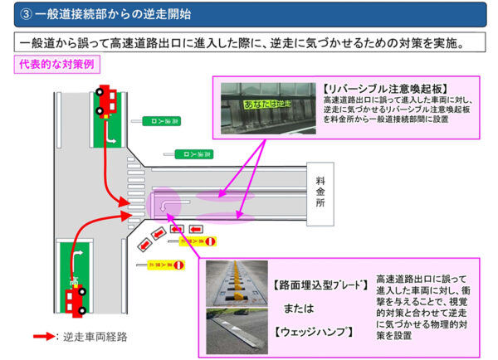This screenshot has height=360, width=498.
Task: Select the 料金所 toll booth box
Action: pyautogui.click(x=321, y=191)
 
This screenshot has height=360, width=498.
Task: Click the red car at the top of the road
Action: pyautogui.click(x=106, y=103)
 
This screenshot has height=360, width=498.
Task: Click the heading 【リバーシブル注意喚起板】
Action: pyautogui.click(x=369, y=87)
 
